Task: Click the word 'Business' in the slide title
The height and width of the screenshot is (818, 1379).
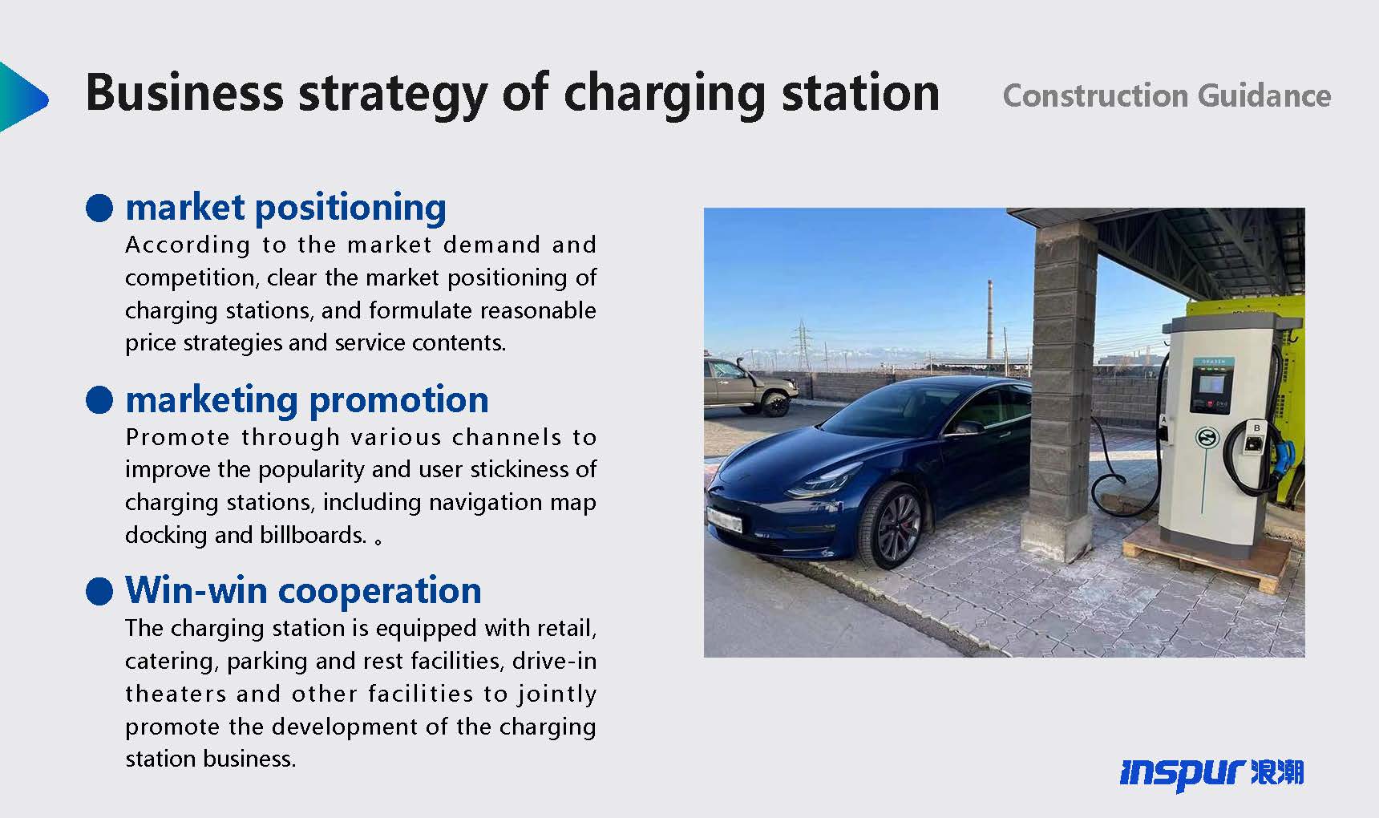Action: pyautogui.click(x=184, y=92)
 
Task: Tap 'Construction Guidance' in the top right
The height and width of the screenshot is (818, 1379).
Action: pyautogui.click(x=1167, y=96)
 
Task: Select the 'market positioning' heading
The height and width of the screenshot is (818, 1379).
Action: pyautogui.click(x=286, y=208)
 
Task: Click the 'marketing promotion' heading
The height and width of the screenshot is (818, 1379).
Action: pyautogui.click(x=307, y=400)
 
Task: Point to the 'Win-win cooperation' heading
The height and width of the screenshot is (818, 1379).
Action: pyautogui.click(x=303, y=590)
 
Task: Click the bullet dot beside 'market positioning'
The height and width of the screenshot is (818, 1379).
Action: pyautogui.click(x=99, y=208)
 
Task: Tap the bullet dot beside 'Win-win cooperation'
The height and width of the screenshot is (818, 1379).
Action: pyautogui.click(x=99, y=591)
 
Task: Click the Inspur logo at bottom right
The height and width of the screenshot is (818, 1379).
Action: pyautogui.click(x=1211, y=773)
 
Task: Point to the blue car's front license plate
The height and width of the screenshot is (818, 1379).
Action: pyautogui.click(x=725, y=519)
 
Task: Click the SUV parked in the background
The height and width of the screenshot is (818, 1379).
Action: pyautogui.click(x=750, y=386)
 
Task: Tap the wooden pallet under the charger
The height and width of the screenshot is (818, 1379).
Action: pyautogui.click(x=1203, y=561)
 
